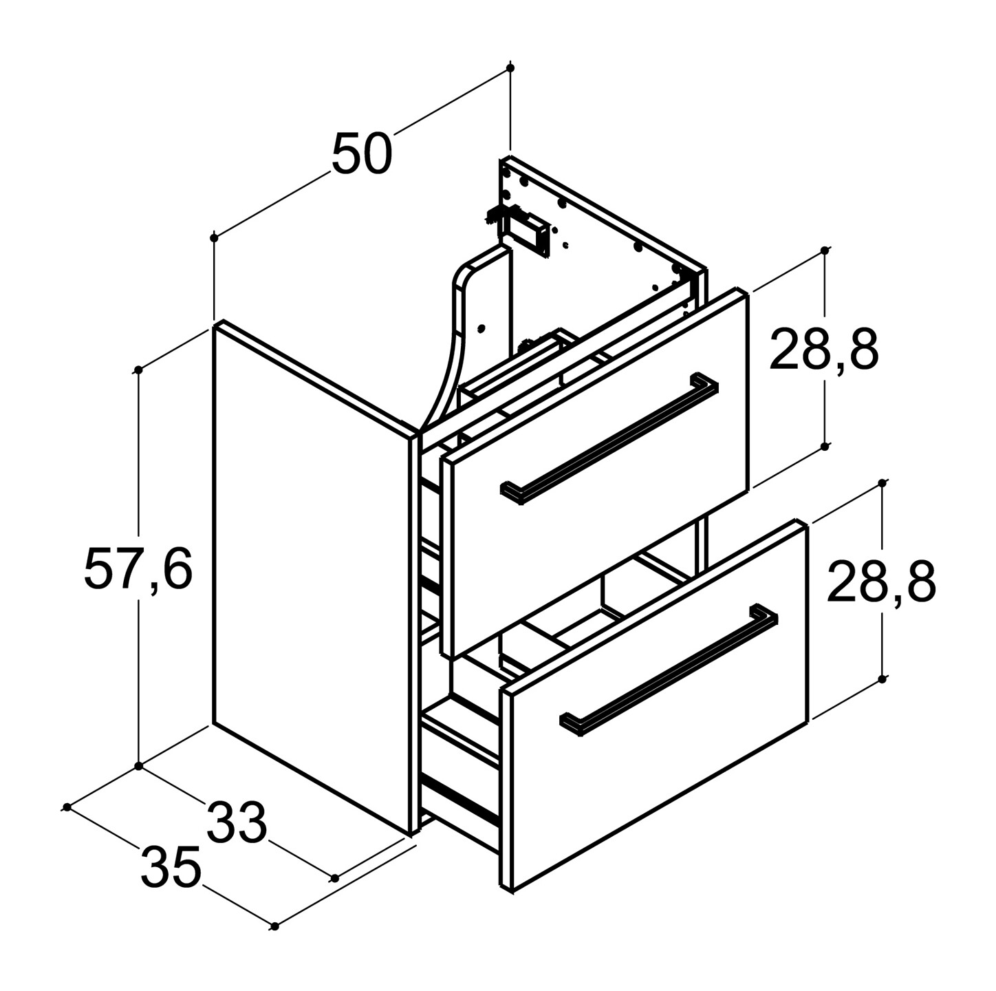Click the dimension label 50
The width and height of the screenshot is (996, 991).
[362, 153]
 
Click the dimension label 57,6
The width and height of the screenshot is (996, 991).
[138, 571]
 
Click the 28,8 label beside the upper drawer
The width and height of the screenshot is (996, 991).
[824, 349]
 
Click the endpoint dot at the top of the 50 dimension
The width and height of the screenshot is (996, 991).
[510, 68]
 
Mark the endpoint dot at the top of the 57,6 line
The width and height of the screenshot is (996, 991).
[138, 370]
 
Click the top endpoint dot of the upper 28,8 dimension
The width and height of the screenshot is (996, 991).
[825, 251]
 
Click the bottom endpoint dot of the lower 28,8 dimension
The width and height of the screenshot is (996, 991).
[883, 678]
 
